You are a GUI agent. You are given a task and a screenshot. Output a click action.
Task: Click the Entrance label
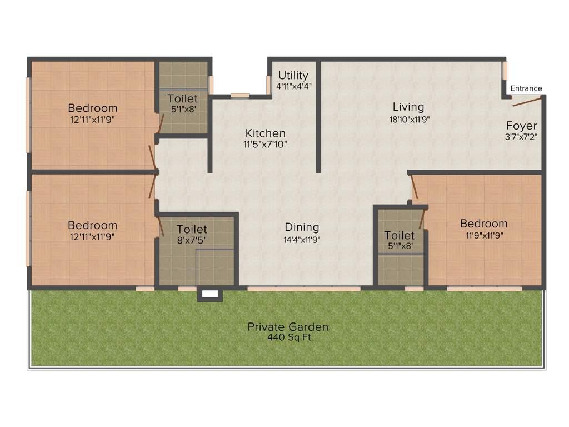526,88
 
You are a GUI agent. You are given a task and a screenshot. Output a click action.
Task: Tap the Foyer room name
521,126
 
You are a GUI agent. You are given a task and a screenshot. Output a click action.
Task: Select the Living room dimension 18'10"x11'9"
408,119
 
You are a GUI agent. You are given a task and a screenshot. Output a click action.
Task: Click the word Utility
293,75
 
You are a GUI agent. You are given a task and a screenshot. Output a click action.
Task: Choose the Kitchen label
266,133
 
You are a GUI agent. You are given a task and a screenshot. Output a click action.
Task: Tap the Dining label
302,227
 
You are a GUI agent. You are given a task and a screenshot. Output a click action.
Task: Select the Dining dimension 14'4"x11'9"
302,240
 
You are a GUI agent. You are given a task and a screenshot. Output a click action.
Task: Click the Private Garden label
288,327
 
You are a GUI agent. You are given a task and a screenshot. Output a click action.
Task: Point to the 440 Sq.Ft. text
288,337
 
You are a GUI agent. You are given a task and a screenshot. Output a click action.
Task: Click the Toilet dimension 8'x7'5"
192,241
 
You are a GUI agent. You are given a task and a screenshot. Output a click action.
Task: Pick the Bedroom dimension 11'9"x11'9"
483,236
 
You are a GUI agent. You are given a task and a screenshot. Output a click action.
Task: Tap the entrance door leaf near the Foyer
526,101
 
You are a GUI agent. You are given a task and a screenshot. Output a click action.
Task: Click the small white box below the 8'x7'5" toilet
210,295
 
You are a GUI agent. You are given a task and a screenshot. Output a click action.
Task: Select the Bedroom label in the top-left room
92,108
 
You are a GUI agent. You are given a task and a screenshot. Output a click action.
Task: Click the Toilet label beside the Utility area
182,98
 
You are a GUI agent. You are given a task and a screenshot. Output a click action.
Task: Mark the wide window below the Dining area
304,289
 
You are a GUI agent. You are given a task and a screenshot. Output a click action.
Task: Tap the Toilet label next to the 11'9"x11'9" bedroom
399,236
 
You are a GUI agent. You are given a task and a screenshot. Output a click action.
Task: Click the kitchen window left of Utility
240,95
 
